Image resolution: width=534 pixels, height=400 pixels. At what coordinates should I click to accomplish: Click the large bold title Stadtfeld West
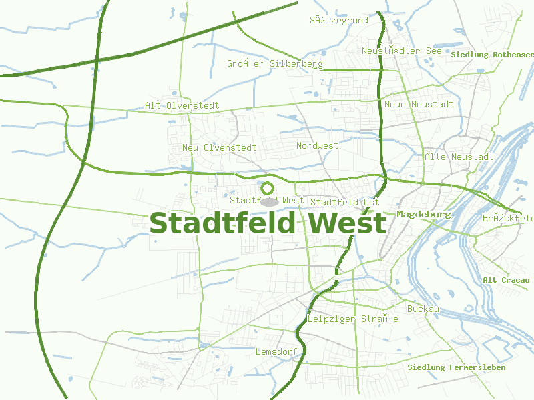268,223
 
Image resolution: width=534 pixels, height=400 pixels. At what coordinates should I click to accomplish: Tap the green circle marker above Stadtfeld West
268,188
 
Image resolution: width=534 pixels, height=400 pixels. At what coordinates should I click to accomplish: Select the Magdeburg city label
424,215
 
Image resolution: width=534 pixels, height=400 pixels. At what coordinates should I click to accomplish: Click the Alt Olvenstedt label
182,105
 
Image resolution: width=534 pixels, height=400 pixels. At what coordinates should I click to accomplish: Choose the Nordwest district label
317,145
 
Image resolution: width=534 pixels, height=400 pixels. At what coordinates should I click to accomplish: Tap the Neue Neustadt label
419,104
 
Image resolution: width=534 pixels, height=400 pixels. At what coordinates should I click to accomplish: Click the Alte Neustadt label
459,157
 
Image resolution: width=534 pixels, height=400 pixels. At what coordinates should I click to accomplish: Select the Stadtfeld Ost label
345,202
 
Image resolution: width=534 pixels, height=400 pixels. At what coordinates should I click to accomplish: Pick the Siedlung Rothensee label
493,54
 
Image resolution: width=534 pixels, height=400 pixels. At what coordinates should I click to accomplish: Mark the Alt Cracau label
506,280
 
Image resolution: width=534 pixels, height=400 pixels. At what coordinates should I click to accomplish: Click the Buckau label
423,309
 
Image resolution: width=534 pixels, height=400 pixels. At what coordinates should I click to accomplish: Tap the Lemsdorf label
276,351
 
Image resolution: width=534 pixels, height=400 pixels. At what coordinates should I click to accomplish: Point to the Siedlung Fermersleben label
456,367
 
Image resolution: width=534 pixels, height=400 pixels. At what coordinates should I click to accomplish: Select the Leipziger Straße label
352,319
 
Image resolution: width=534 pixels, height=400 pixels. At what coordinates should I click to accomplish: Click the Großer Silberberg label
274,64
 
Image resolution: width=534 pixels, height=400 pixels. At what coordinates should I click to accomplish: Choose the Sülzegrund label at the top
338,21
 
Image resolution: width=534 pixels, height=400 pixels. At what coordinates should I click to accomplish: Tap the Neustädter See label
401,51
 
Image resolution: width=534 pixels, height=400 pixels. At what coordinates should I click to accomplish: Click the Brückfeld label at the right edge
508,218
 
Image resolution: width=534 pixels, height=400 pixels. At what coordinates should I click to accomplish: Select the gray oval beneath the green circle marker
269,201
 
